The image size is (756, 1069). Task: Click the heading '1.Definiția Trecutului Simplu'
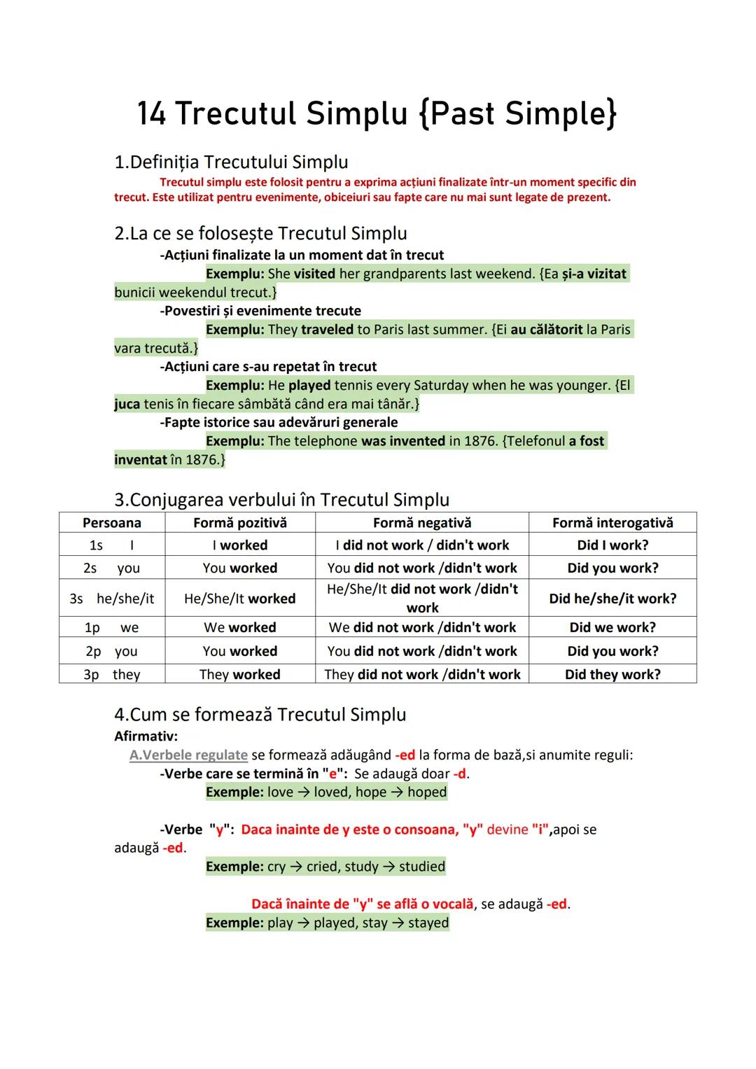click(231, 162)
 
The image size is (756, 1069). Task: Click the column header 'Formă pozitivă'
click(240, 523)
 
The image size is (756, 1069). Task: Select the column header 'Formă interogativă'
click(612, 523)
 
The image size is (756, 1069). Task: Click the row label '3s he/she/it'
click(112, 599)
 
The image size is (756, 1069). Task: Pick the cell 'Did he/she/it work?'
click(612, 599)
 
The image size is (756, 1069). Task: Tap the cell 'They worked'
click(240, 674)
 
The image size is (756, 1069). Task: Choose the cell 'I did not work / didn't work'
click(422, 545)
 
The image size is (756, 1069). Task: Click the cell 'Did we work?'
click(612, 627)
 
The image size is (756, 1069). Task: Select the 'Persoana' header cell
click(112, 523)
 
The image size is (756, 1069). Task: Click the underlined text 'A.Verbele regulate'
click(188, 755)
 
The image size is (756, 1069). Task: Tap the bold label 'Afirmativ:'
click(146, 736)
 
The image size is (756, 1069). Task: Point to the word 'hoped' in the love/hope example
click(427, 792)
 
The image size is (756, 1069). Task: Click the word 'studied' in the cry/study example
click(422, 867)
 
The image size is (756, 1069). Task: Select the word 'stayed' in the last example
click(428, 923)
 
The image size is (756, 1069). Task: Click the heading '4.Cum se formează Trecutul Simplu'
click(260, 715)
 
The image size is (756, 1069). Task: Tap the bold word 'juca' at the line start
click(127, 404)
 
